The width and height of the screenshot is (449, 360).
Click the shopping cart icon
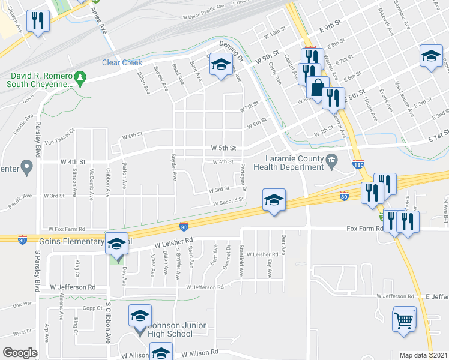(x=404, y=318)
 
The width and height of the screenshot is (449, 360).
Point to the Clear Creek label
(x=122, y=62)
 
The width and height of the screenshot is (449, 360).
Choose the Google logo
(x=20, y=353)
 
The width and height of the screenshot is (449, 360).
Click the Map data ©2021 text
(x=423, y=355)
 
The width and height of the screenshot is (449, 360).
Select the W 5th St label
(x=224, y=148)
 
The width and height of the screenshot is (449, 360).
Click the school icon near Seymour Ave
(x=430, y=56)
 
